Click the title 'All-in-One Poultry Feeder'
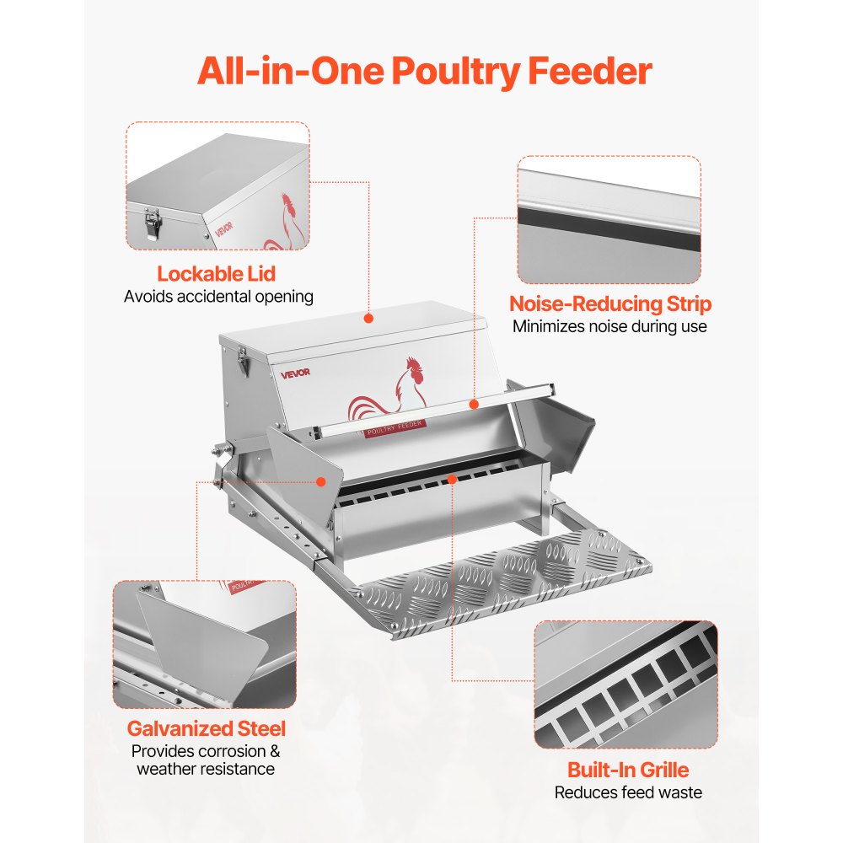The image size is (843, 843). pos(424,72)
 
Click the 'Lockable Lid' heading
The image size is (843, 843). pos(217,274)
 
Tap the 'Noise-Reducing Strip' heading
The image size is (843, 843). pos(609,304)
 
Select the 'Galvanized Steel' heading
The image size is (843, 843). pos(206,728)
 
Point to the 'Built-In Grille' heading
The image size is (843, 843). pos(627,770)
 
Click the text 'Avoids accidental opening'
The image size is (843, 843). pos(218,297)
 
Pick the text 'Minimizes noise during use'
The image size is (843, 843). pos(609,326)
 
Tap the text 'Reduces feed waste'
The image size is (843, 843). pos(627,792)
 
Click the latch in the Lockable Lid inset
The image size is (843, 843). pos(153,223)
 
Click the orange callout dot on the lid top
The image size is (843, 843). pos(368,318)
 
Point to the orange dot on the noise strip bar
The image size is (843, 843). pos(474,405)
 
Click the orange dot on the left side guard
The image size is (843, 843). pos(321,481)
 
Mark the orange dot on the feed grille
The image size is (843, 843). pos(453,479)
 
